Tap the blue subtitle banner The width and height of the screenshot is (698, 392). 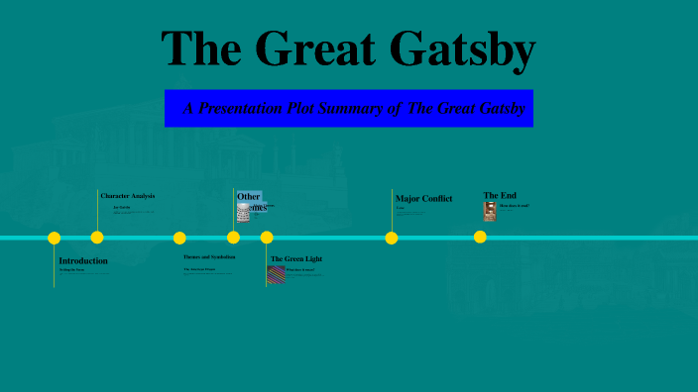(x=349, y=108)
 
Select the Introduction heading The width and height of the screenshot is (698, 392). (x=83, y=260)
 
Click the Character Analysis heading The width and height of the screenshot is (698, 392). (x=128, y=196)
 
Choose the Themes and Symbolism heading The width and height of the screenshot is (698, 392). (x=209, y=256)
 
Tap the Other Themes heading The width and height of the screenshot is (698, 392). (x=250, y=201)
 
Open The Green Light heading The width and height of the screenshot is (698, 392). (x=296, y=259)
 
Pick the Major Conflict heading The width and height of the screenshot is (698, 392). (x=423, y=199)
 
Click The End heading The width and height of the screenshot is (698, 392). (x=500, y=195)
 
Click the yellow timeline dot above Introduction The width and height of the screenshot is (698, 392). (x=55, y=238)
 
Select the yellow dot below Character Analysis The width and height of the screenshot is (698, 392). (x=97, y=238)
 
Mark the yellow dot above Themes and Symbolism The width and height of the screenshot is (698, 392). (x=179, y=238)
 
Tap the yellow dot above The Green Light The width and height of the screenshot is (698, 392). (x=267, y=238)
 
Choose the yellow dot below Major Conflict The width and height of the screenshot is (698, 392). (x=392, y=238)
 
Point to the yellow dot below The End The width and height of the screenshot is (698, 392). (x=480, y=237)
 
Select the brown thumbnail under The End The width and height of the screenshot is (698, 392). (x=490, y=211)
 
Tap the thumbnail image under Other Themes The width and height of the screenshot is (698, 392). (x=243, y=213)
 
